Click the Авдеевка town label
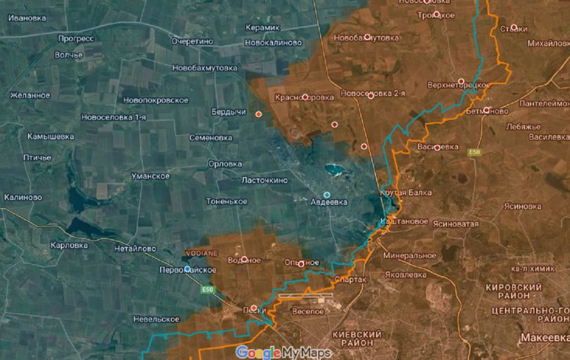click(329, 203)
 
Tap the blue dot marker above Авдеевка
click(327, 195)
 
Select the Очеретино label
click(192, 41)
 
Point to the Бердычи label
click(229, 112)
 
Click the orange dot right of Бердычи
click(258, 114)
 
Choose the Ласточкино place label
click(264, 180)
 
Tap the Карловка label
click(69, 245)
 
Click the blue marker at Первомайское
click(188, 269)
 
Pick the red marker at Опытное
click(301, 264)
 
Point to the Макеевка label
click(544, 338)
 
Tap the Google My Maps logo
click(283, 352)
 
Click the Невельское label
click(156, 319)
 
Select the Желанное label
click(30, 95)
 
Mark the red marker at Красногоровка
click(305, 97)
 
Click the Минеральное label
click(410, 255)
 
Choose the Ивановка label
click(27, 18)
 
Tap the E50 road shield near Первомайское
click(208, 289)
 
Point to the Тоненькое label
click(227, 201)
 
